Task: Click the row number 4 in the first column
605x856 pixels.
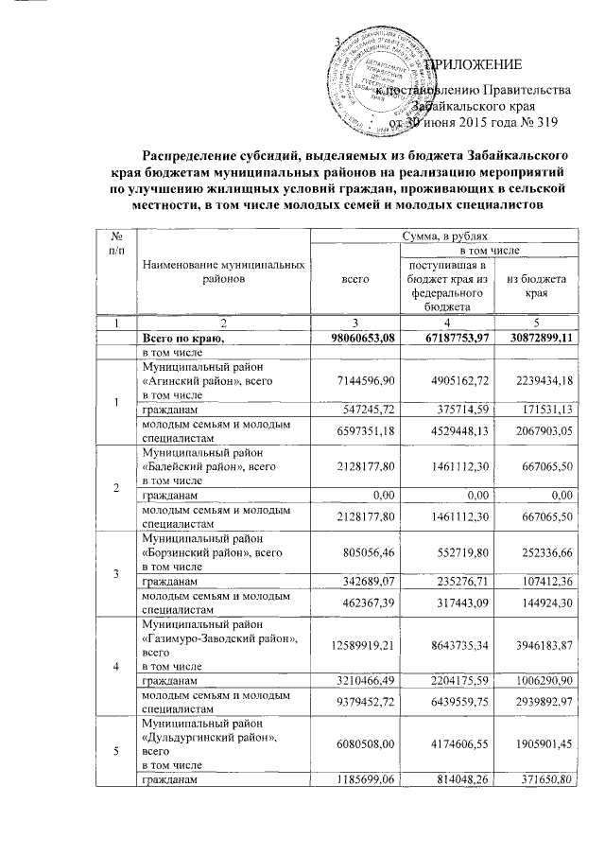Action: [x=116, y=664]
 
